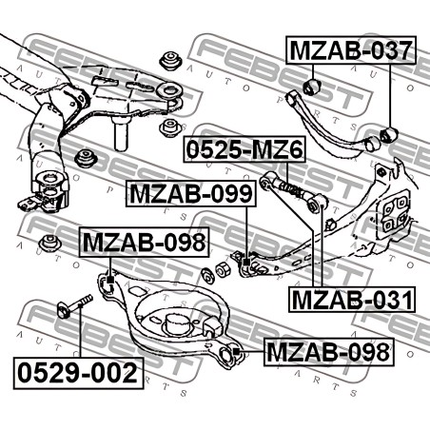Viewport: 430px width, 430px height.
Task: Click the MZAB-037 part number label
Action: pyautogui.click(x=351, y=50)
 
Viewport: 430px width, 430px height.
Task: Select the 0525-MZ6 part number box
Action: pyautogui.click(x=244, y=149)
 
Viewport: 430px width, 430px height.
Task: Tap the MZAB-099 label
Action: pyautogui.click(x=191, y=193)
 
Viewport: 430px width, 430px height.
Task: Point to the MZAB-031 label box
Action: pyautogui.click(x=352, y=300)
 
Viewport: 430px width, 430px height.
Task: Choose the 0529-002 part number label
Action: pyautogui.click(x=78, y=373)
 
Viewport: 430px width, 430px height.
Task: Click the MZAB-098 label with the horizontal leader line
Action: pyautogui.click(x=329, y=352)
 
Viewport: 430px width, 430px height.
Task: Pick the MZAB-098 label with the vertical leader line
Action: pyautogui.click(x=145, y=243)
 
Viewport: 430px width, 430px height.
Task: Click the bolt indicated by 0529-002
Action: pyautogui.click(x=75, y=304)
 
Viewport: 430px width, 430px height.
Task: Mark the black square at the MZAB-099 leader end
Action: pyautogui.click(x=246, y=262)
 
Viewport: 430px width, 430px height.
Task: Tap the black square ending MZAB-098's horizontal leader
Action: pyautogui.click(x=236, y=351)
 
